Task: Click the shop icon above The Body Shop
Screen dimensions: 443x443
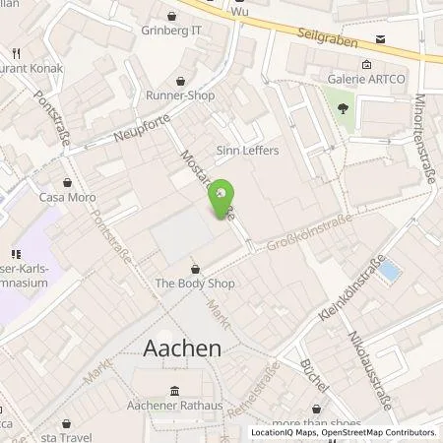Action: (194, 267)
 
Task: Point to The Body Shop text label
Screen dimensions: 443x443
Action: (193, 284)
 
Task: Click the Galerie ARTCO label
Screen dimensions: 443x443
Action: (365, 80)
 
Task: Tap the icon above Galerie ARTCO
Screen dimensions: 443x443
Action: (366, 64)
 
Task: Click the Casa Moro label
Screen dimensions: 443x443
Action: (67, 198)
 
